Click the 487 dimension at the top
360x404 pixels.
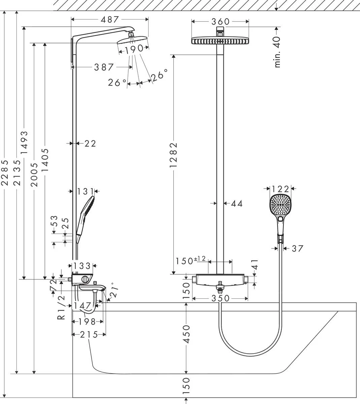click(110, 20)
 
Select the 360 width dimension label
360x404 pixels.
click(220, 22)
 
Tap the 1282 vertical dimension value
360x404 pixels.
click(173, 155)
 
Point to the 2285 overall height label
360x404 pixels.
click(4, 172)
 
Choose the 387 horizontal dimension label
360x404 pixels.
click(104, 67)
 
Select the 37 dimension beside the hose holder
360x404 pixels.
click(297, 249)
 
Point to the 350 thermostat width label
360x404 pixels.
click(220, 298)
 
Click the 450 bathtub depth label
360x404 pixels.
click(186, 334)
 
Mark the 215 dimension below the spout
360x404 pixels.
click(89, 335)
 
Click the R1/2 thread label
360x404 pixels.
click(61, 307)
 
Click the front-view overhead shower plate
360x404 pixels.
click(220, 41)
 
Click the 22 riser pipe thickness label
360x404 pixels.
click(90, 144)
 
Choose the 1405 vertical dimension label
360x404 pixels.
click(45, 160)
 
